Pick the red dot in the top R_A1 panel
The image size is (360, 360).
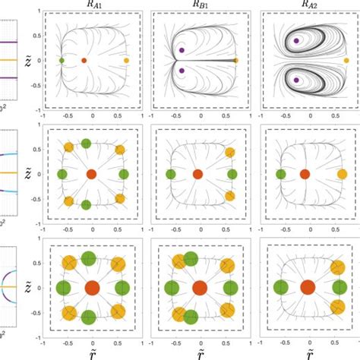click(84, 59)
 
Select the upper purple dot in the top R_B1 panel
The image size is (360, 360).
click(182, 49)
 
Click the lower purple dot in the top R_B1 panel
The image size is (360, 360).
click(182, 70)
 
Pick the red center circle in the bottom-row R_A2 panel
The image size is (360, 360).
click(308, 288)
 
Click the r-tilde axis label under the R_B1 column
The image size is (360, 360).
click(201, 353)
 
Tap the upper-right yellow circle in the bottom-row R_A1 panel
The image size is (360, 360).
click(118, 265)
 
